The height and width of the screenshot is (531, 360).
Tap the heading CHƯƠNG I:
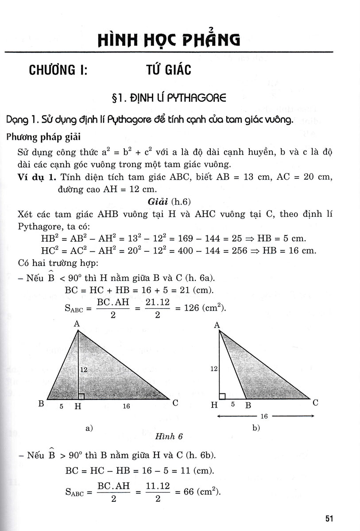(58, 70)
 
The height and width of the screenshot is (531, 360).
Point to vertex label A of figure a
(77, 324)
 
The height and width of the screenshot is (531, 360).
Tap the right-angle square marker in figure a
(81, 396)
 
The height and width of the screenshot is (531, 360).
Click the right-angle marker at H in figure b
(222, 396)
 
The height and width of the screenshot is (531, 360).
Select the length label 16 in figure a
(126, 406)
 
